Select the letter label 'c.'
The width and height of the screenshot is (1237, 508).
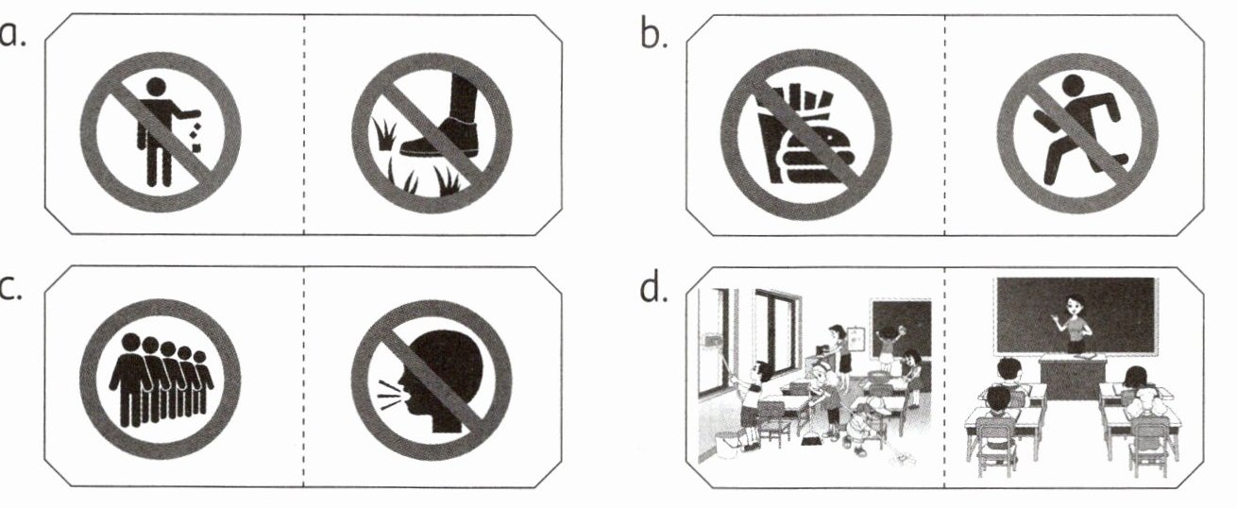11,288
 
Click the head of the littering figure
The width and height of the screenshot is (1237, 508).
156,87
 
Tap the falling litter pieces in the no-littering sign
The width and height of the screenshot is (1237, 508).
195,139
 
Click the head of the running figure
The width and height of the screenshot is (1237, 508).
1072,86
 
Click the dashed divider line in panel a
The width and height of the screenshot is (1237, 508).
303,125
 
